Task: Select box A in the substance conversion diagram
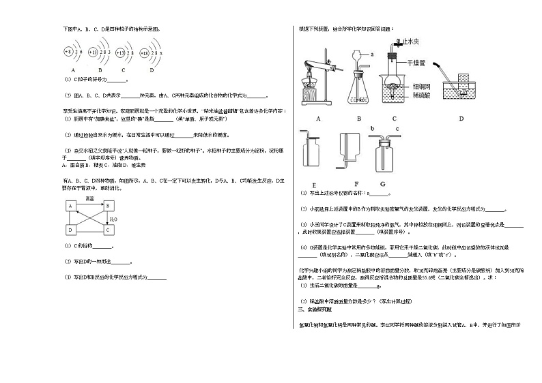71,205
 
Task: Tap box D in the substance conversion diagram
71,229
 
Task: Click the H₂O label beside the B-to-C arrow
114,219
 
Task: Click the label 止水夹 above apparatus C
410,42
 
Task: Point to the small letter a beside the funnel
372,53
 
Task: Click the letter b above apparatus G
371,128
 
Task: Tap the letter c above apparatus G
390,128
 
